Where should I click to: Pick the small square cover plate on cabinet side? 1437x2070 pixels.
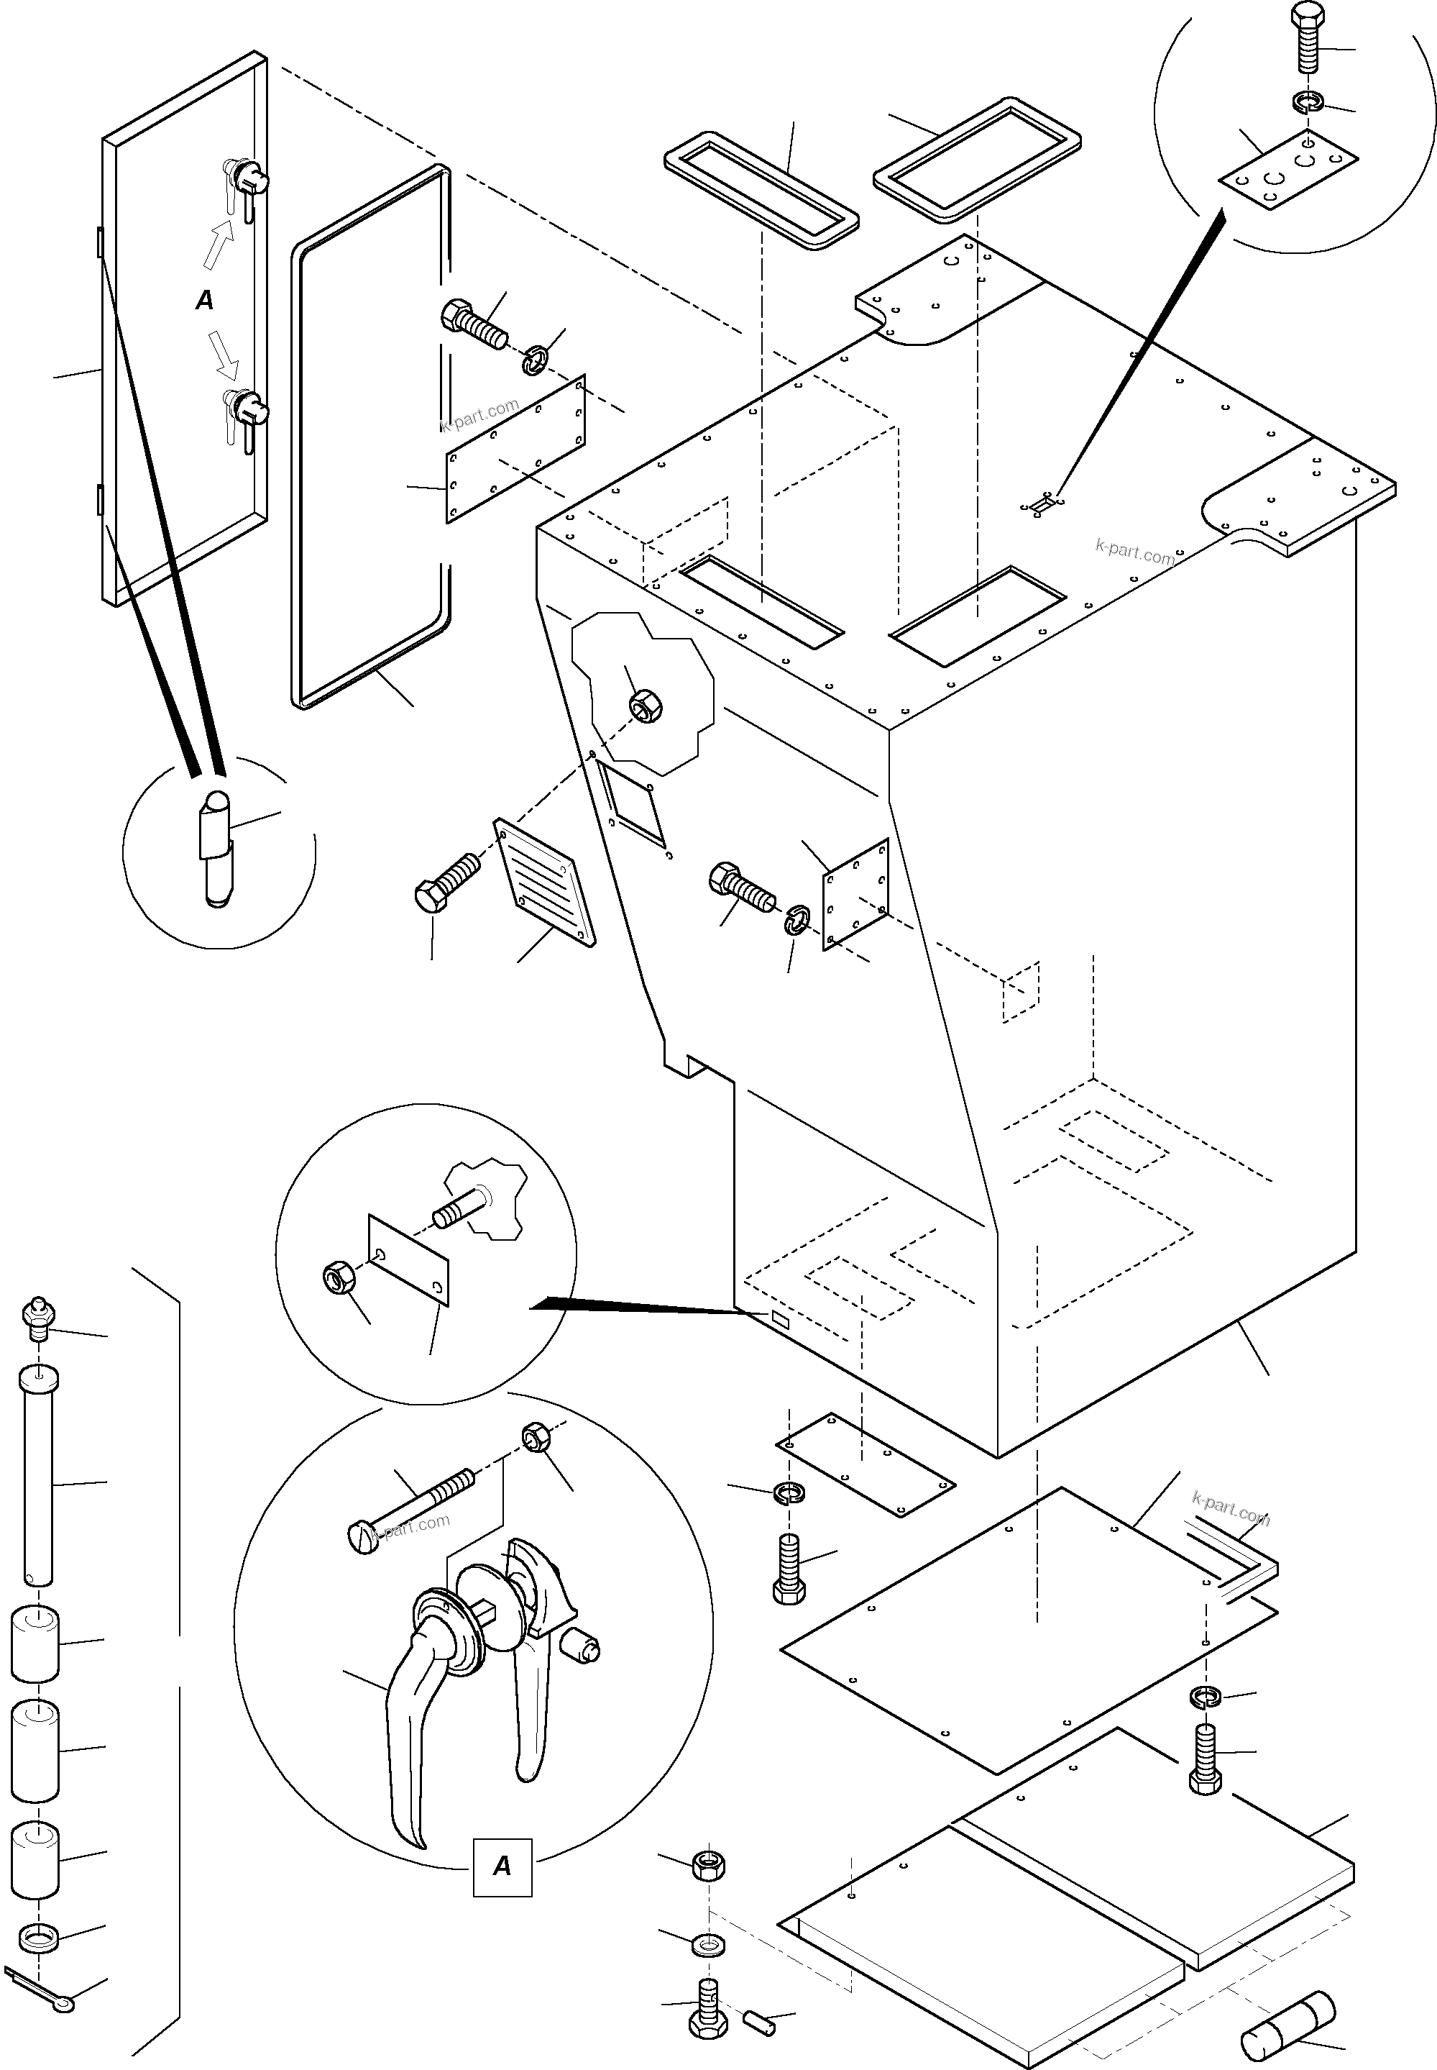(x=855, y=893)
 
